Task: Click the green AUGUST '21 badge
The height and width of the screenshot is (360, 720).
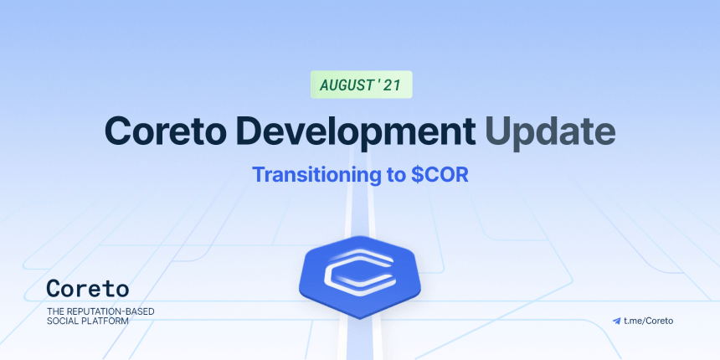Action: pos(362,85)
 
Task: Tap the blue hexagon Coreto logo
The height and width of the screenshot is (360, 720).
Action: pos(360,277)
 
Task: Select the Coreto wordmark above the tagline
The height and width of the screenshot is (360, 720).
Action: pos(88,288)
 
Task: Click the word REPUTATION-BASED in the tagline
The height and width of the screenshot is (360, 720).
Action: pos(108,311)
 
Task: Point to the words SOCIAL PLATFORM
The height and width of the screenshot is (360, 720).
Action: pos(88,321)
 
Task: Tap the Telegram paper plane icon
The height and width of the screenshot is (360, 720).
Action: pos(616,321)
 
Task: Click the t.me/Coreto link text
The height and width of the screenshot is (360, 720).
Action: pos(648,321)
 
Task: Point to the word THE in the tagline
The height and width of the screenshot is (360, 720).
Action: pos(54,311)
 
